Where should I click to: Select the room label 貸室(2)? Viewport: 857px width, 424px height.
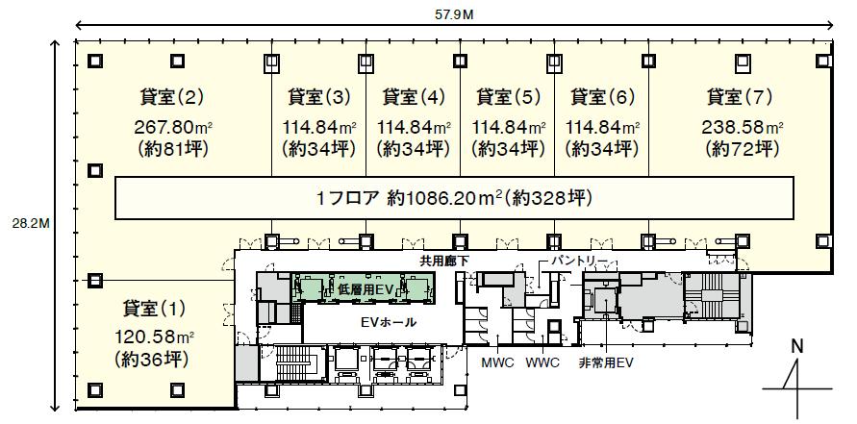click(x=171, y=97)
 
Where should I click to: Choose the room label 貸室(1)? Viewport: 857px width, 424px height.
click(x=154, y=309)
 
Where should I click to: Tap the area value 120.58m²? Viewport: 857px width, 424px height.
click(x=155, y=337)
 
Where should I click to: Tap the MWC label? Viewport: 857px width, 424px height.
click(x=497, y=362)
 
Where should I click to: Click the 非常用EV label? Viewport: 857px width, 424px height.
click(x=606, y=362)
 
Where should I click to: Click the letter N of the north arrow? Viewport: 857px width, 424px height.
click(x=798, y=346)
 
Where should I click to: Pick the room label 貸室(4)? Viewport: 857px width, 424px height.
click(x=414, y=97)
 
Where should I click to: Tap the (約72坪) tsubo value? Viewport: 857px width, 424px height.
click(x=742, y=149)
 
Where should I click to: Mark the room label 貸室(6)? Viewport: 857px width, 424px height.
click(x=602, y=97)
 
